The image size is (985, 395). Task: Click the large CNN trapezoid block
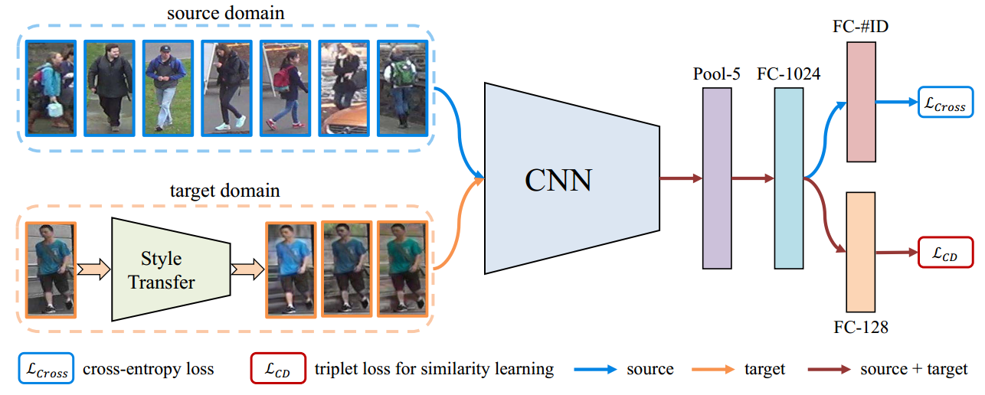[571, 178]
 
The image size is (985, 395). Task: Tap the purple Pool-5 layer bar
[717, 178]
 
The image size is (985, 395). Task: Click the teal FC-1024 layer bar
[789, 178]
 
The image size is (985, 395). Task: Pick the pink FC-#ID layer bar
[861, 102]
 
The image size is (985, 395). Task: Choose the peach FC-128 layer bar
[861, 252]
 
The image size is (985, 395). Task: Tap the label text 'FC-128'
[862, 328]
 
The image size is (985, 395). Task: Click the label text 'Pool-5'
[717, 73]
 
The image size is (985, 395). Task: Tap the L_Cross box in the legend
[45, 370]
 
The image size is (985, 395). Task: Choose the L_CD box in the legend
[278, 370]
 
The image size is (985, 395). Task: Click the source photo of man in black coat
[108, 87]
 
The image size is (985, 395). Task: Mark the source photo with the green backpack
[401, 87]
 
